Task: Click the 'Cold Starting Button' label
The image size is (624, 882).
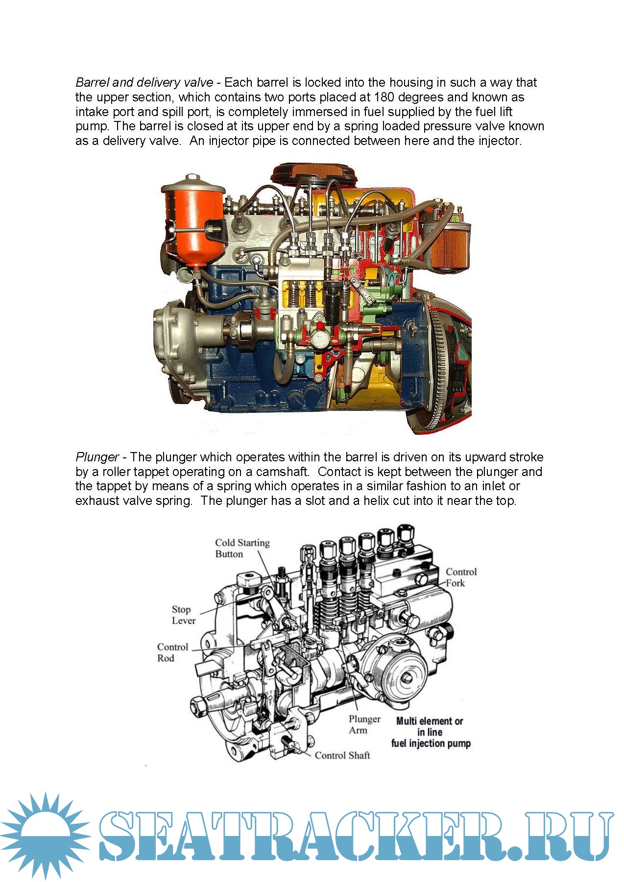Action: tap(242, 548)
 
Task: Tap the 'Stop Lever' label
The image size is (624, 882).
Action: tap(184, 615)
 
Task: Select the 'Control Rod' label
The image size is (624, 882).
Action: tap(172, 652)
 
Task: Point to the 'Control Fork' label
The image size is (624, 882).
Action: tap(461, 577)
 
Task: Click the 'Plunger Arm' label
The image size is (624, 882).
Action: tap(364, 724)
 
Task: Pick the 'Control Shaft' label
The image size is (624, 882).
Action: tap(342, 755)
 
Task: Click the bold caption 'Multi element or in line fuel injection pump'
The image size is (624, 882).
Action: tap(431, 732)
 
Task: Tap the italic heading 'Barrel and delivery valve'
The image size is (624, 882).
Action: tap(144, 82)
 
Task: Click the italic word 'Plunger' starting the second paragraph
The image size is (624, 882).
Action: tap(97, 457)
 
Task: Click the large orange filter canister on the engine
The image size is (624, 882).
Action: tap(192, 221)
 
